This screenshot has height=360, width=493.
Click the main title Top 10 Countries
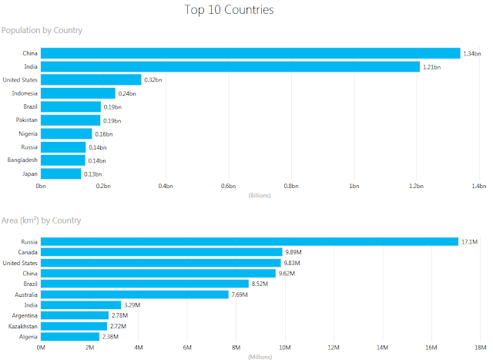[229, 10]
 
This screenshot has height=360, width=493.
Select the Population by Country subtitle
[42, 30]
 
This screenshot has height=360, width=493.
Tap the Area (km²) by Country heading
[41, 220]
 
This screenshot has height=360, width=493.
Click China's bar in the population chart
[250, 53]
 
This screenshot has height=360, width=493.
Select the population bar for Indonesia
[78, 93]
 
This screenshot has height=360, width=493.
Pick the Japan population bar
[61, 173]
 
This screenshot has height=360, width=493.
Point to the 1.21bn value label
[432, 67]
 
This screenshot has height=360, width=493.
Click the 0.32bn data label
[153, 80]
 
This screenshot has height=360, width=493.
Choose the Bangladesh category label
[22, 160]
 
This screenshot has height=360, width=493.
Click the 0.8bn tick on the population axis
[290, 187]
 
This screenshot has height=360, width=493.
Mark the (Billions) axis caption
[260, 195]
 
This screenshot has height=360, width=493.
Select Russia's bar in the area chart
[249, 242]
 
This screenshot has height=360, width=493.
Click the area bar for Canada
[162, 252]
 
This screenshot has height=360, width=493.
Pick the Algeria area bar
[70, 336]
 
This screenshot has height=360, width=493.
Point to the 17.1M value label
[469, 242]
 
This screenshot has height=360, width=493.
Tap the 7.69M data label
[240, 294]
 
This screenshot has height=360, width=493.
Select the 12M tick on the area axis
[334, 348]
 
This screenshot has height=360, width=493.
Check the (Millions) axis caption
[260, 356]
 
